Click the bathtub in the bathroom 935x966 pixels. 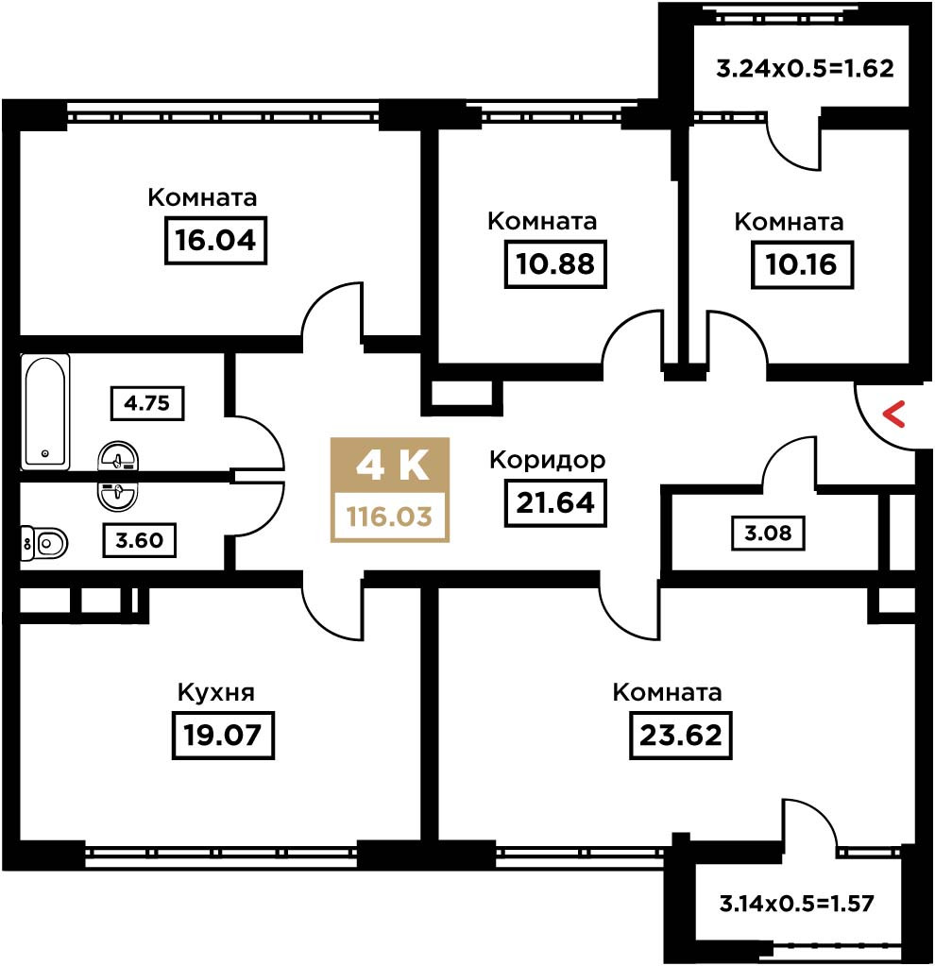[44, 412]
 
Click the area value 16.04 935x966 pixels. [215, 240]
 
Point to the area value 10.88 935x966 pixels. [555, 263]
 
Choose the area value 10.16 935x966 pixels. [802, 264]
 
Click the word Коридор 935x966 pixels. [548, 460]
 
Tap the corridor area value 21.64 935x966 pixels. [555, 502]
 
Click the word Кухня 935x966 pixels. [215, 692]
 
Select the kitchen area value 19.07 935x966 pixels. [223, 735]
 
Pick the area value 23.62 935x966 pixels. [680, 735]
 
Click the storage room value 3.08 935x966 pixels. [768, 533]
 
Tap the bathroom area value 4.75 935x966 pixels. [146, 403]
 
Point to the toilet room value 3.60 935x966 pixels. [139, 540]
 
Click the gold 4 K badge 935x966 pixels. [390, 466]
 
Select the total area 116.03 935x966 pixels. [390, 517]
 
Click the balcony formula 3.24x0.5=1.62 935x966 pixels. [805, 68]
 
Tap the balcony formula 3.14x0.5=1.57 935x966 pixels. [797, 904]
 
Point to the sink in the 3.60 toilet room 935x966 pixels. [118, 495]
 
